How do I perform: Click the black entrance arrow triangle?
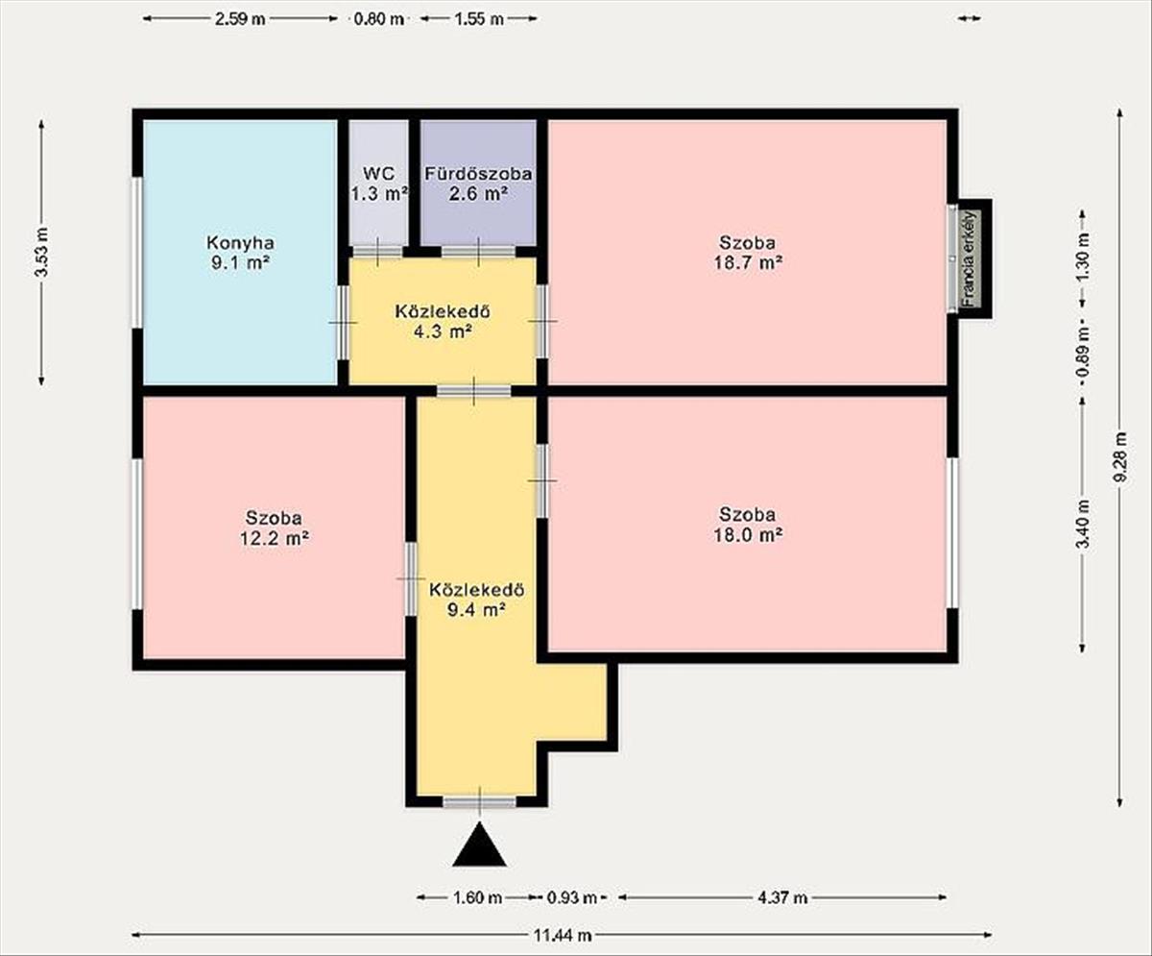(x=479, y=846)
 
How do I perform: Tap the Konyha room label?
(x=240, y=242)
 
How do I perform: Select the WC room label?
(x=379, y=173)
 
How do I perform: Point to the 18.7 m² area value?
(x=748, y=262)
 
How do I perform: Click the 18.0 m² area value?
(x=748, y=534)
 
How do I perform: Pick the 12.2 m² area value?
(x=275, y=538)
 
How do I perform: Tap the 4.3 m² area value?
(x=443, y=331)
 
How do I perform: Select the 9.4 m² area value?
(x=477, y=610)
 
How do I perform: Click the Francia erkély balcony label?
(x=969, y=258)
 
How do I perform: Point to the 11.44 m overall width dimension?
(x=563, y=936)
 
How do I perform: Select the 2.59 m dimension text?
(x=240, y=19)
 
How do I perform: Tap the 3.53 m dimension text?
(x=42, y=252)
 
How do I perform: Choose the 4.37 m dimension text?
(x=782, y=897)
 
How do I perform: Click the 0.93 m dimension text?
(x=571, y=897)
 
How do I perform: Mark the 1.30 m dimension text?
(x=1083, y=257)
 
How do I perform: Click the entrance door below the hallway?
(x=479, y=802)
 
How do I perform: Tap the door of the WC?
(x=378, y=252)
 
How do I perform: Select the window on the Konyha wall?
(x=137, y=253)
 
